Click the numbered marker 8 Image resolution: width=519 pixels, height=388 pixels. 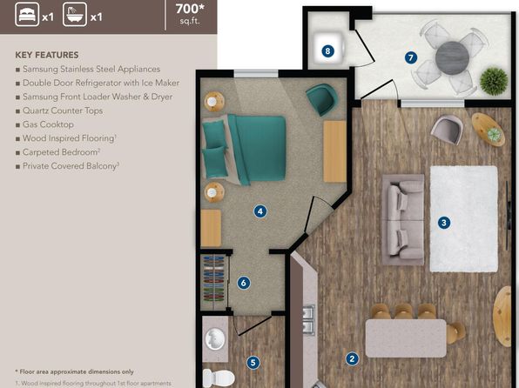click(327, 51)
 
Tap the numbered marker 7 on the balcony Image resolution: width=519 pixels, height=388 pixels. click(411, 57)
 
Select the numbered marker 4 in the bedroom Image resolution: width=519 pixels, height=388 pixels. click(260, 211)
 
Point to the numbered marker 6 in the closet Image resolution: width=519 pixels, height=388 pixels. click(244, 283)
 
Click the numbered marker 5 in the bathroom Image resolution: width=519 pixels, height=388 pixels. click(253, 363)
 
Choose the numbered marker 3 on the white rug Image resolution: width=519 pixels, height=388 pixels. click(444, 223)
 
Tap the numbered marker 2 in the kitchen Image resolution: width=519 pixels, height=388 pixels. click(352, 359)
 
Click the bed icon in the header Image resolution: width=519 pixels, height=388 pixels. click(27, 15)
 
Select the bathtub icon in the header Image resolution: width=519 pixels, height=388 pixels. click(75, 15)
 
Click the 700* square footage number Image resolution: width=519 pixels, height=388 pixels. click(190, 9)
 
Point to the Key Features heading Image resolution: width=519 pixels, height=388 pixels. click(47, 55)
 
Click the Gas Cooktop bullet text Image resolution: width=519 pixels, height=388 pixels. click(48, 124)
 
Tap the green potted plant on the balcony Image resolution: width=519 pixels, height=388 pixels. click(494, 81)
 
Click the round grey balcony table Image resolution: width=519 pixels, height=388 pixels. click(452, 58)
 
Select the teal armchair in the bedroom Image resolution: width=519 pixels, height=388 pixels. click(321, 99)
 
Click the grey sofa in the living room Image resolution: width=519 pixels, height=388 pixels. click(403, 219)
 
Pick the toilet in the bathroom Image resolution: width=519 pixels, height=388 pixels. click(219, 378)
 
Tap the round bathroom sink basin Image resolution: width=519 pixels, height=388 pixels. click(215, 338)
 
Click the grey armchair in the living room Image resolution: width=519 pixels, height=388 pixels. click(447, 129)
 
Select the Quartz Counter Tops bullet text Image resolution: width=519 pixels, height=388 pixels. click(63, 110)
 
